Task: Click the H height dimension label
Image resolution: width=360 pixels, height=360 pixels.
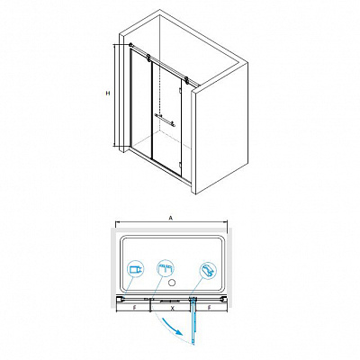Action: click(108, 94)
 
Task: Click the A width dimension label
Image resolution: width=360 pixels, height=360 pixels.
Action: click(171, 219)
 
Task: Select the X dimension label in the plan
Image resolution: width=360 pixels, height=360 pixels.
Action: click(172, 308)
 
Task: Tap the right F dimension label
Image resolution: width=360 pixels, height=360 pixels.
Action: click(210, 308)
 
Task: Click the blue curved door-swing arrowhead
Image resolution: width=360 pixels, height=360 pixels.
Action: click(179, 332)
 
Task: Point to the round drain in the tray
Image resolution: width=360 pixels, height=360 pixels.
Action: click(172, 283)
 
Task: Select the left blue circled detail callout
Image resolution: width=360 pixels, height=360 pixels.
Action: click(135, 269)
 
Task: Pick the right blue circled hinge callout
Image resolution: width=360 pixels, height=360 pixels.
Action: click(208, 270)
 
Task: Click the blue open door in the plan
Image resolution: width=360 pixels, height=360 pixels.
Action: click(193, 320)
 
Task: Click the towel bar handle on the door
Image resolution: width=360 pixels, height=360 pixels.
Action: click(165, 120)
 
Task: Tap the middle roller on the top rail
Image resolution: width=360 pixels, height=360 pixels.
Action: click(148, 58)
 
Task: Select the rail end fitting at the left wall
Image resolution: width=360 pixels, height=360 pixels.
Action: click(130, 45)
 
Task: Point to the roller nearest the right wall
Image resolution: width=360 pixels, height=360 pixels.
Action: click(186, 80)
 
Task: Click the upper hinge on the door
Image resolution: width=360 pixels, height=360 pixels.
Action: click(179, 91)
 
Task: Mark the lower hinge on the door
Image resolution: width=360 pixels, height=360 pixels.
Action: click(179, 164)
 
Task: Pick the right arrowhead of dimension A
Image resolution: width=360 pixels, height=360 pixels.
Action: click(225, 222)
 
